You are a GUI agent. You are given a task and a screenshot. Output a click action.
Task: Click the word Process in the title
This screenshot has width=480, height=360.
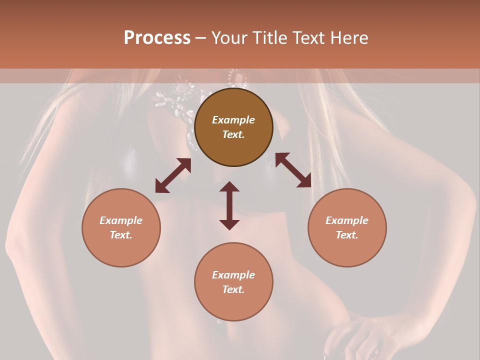pyautogui.click(x=157, y=38)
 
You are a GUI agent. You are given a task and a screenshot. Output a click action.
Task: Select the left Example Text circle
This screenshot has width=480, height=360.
pyautogui.click(x=121, y=227)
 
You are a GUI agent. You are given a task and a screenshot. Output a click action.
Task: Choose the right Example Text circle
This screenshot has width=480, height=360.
pyautogui.click(x=347, y=227)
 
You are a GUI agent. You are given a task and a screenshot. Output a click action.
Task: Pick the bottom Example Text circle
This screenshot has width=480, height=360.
pyautogui.click(x=233, y=282)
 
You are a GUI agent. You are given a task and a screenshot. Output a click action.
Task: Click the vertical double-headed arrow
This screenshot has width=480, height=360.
pyautogui.click(x=229, y=205)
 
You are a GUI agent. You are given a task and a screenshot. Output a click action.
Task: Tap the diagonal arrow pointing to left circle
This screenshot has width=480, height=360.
pyautogui.click(x=173, y=175)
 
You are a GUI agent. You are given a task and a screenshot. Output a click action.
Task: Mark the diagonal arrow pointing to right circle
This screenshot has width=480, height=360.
pyautogui.click(x=293, y=170)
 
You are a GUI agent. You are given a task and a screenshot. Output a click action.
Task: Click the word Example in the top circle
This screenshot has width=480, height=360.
pyautogui.click(x=233, y=120)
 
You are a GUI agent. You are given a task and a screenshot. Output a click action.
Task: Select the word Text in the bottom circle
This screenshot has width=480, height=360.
pyautogui.click(x=233, y=289)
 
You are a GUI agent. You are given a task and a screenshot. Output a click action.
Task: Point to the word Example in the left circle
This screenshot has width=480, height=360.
pyautogui.click(x=121, y=220)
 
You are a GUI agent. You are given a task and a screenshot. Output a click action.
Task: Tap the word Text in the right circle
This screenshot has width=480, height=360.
pyautogui.click(x=347, y=235)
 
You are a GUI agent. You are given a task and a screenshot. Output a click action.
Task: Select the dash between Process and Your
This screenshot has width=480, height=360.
pyautogui.click(x=200, y=38)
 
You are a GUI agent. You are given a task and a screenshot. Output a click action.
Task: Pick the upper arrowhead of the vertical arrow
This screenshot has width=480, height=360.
pyautogui.click(x=229, y=186)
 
